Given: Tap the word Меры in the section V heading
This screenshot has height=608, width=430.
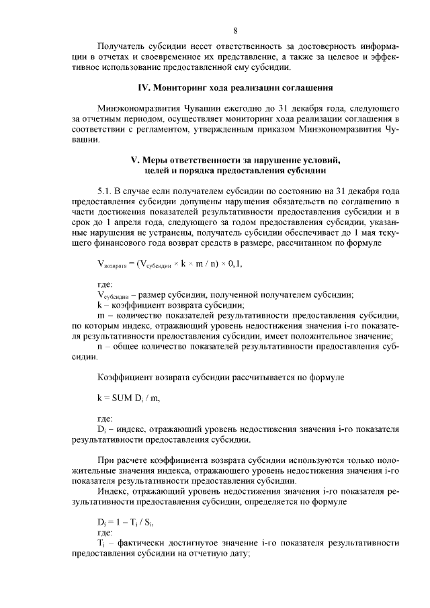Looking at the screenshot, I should point(157,160).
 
